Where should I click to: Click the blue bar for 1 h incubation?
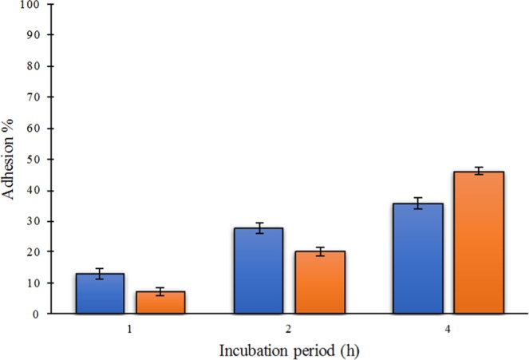coord(100,294)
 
